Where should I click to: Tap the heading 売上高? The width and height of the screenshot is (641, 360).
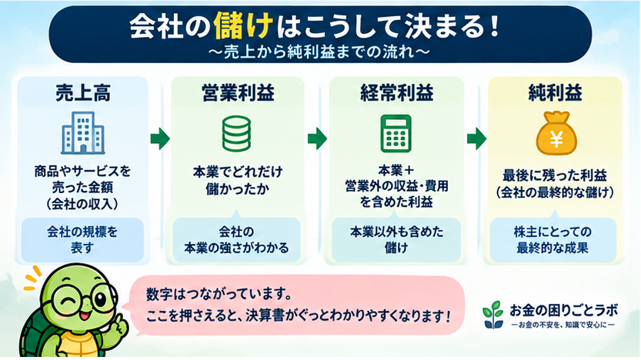pos(83,93)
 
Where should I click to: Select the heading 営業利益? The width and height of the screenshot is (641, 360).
pos(238,93)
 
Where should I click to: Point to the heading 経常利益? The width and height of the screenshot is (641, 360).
pos(396,93)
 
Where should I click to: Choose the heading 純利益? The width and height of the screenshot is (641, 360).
pos(555,93)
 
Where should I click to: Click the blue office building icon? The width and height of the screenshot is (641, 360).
pos(83,133)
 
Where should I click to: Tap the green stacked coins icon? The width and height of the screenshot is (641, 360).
pos(236,134)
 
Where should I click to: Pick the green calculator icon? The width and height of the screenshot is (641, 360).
pos(396,134)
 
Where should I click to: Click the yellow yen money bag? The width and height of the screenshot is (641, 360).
pos(556,134)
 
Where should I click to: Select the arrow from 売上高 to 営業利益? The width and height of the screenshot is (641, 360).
pos(160,139)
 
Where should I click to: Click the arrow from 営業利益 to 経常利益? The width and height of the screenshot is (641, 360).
pos(317,139)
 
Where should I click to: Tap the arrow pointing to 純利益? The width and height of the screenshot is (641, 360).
pos(476,139)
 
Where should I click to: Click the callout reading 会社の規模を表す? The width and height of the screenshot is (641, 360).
pos(82,240)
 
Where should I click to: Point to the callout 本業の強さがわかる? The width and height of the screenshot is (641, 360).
pos(236,238)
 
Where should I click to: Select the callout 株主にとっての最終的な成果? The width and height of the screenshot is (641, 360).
pos(553,238)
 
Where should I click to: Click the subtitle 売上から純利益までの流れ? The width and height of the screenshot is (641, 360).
pos(319,53)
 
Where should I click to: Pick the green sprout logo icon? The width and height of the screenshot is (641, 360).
pos(493,315)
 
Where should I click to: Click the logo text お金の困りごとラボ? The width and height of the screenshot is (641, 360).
pos(564,311)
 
